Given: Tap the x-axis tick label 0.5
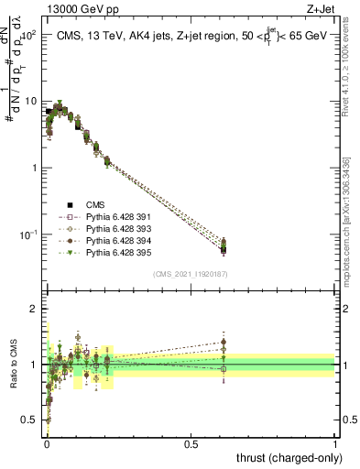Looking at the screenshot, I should [191, 443].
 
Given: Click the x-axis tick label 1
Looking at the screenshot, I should [335, 443].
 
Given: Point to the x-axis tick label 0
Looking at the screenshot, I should [46, 443].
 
